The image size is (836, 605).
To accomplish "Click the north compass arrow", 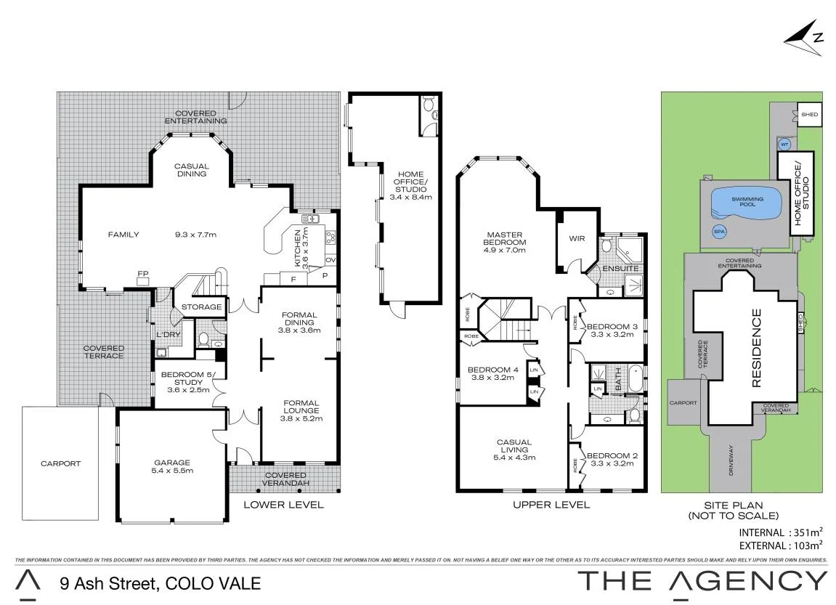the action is pos(804,38).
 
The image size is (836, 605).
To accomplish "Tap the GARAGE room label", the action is pos(172,463).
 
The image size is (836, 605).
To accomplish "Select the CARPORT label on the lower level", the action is pos(61,464).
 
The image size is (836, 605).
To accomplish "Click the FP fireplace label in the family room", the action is pos(143,274).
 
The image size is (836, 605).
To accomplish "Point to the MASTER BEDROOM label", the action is pos(504,238).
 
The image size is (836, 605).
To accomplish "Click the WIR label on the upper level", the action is pos(577,239).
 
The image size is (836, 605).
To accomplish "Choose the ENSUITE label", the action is pos(620,268).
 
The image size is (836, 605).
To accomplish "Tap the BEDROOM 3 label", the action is pos(612,327).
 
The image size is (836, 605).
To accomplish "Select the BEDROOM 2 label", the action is pos(612,456).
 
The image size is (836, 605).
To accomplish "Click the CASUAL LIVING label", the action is pos(514,446).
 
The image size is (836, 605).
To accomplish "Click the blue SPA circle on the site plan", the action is pos(720,232).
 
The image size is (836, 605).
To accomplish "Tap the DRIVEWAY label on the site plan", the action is pos(731,460).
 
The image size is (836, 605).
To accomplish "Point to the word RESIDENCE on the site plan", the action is pos(757,348).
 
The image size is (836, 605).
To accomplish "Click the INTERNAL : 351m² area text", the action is pos(777,532).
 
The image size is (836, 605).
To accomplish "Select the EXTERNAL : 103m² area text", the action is pos(777,546).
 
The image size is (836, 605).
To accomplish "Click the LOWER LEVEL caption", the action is pos(284,505).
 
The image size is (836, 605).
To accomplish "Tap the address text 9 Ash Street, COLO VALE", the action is pos(161,583).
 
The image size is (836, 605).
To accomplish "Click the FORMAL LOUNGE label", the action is pos(301,407).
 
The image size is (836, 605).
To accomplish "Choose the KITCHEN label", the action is pos(298,248).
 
